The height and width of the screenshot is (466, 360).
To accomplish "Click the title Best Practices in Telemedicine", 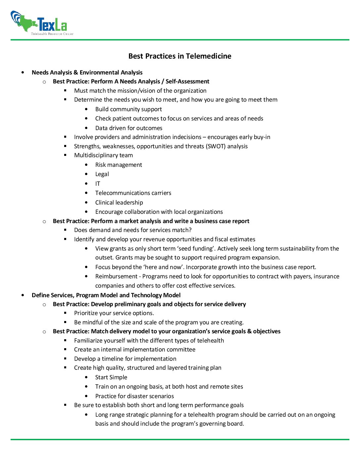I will [x=180, y=56].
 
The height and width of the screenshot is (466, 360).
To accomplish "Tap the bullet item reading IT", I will [x=98, y=184].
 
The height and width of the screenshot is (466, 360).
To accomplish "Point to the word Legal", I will [x=102, y=174].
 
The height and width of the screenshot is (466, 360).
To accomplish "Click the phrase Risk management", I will [x=118, y=165].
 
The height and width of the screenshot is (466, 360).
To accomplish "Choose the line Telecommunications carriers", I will [x=133, y=193].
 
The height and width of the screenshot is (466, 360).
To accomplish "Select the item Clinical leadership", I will [x=119, y=203].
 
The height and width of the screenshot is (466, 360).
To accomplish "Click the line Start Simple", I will [x=111, y=377].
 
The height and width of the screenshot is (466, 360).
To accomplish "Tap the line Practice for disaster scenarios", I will [x=134, y=396].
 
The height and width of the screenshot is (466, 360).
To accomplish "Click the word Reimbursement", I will [x=116, y=276].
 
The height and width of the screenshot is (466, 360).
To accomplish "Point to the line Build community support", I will [x=128, y=109].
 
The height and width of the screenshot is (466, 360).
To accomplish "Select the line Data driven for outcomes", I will [x=129, y=128].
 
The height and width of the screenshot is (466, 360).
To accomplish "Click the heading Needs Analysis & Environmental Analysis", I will [x=87, y=72].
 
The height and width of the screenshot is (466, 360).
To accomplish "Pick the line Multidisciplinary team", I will [x=103, y=155].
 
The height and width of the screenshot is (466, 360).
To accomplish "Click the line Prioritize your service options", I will [x=114, y=313].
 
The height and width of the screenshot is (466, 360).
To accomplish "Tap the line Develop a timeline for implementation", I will [x=125, y=359].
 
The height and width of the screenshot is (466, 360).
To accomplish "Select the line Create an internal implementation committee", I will [x=135, y=349].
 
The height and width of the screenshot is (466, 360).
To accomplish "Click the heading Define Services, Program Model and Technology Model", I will [x=106, y=295].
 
